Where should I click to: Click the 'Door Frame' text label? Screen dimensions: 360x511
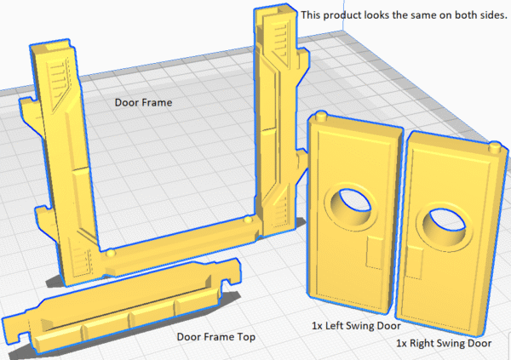pyautogui.click(x=143, y=102)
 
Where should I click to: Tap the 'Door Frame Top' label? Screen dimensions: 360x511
pyautogui.click(x=216, y=336)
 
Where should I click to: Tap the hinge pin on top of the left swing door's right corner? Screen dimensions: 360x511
pyautogui.click(x=320, y=116)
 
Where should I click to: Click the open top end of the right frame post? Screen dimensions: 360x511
pyautogui.click(x=276, y=11)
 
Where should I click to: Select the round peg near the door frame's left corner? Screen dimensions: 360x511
pyautogui.click(x=111, y=252)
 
